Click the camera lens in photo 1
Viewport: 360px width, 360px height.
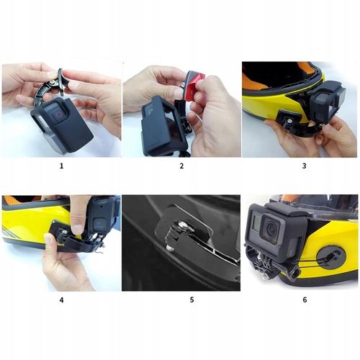(55, 114)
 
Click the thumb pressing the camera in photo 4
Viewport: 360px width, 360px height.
(81, 209)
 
